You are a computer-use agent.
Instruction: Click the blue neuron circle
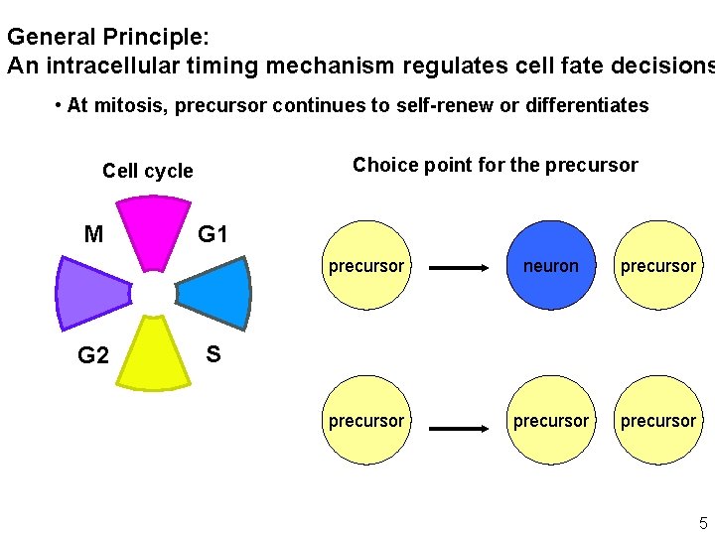click(551, 265)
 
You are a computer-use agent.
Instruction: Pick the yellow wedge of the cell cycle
click(153, 353)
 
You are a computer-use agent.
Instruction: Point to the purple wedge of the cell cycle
click(91, 293)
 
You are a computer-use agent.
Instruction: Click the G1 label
click(213, 235)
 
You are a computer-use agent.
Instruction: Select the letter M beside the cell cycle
click(93, 235)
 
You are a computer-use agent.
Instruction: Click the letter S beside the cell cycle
click(213, 353)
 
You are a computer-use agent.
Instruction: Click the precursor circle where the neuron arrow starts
click(366, 265)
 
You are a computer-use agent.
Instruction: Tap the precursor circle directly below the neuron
click(551, 421)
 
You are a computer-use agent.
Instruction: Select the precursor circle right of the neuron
click(658, 265)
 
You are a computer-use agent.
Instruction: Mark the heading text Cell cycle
click(148, 171)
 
